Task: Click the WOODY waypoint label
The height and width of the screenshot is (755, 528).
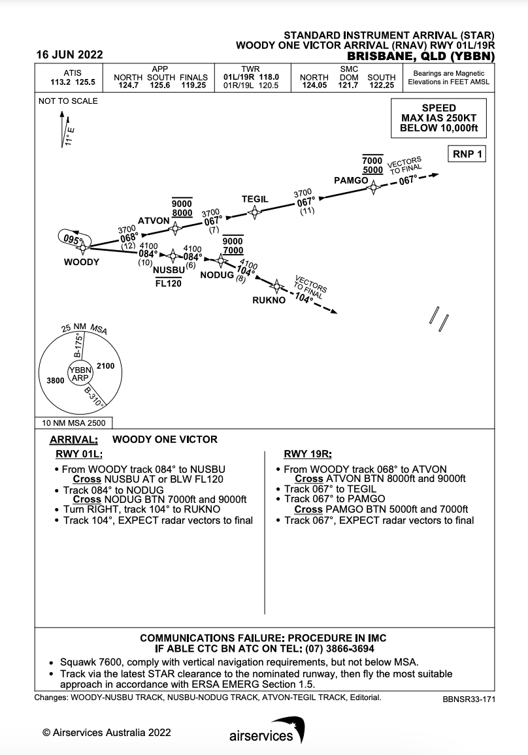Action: pyautogui.click(x=81, y=262)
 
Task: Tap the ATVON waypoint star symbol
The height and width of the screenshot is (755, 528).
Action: pyautogui.click(x=175, y=228)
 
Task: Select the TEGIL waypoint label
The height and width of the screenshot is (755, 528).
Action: pyautogui.click(x=256, y=199)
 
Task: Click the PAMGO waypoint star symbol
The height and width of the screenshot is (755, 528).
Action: pyautogui.click(x=373, y=187)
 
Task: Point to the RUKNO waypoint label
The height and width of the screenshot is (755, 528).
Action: pyautogui.click(x=269, y=300)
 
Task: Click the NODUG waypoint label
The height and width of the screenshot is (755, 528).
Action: pyautogui.click(x=216, y=275)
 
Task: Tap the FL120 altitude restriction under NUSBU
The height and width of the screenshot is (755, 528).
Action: pyautogui.click(x=168, y=283)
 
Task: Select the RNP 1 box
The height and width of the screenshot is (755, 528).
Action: pyautogui.click(x=466, y=154)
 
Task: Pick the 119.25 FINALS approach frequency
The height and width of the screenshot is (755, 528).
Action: pyautogui.click(x=193, y=85)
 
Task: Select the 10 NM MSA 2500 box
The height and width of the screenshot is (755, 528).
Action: pyautogui.click(x=73, y=423)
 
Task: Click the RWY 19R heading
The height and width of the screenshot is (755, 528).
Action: pyautogui.click(x=307, y=454)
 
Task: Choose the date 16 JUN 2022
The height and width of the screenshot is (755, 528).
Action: pyautogui.click(x=69, y=55)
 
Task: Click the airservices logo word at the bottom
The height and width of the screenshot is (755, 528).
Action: pyautogui.click(x=261, y=736)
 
